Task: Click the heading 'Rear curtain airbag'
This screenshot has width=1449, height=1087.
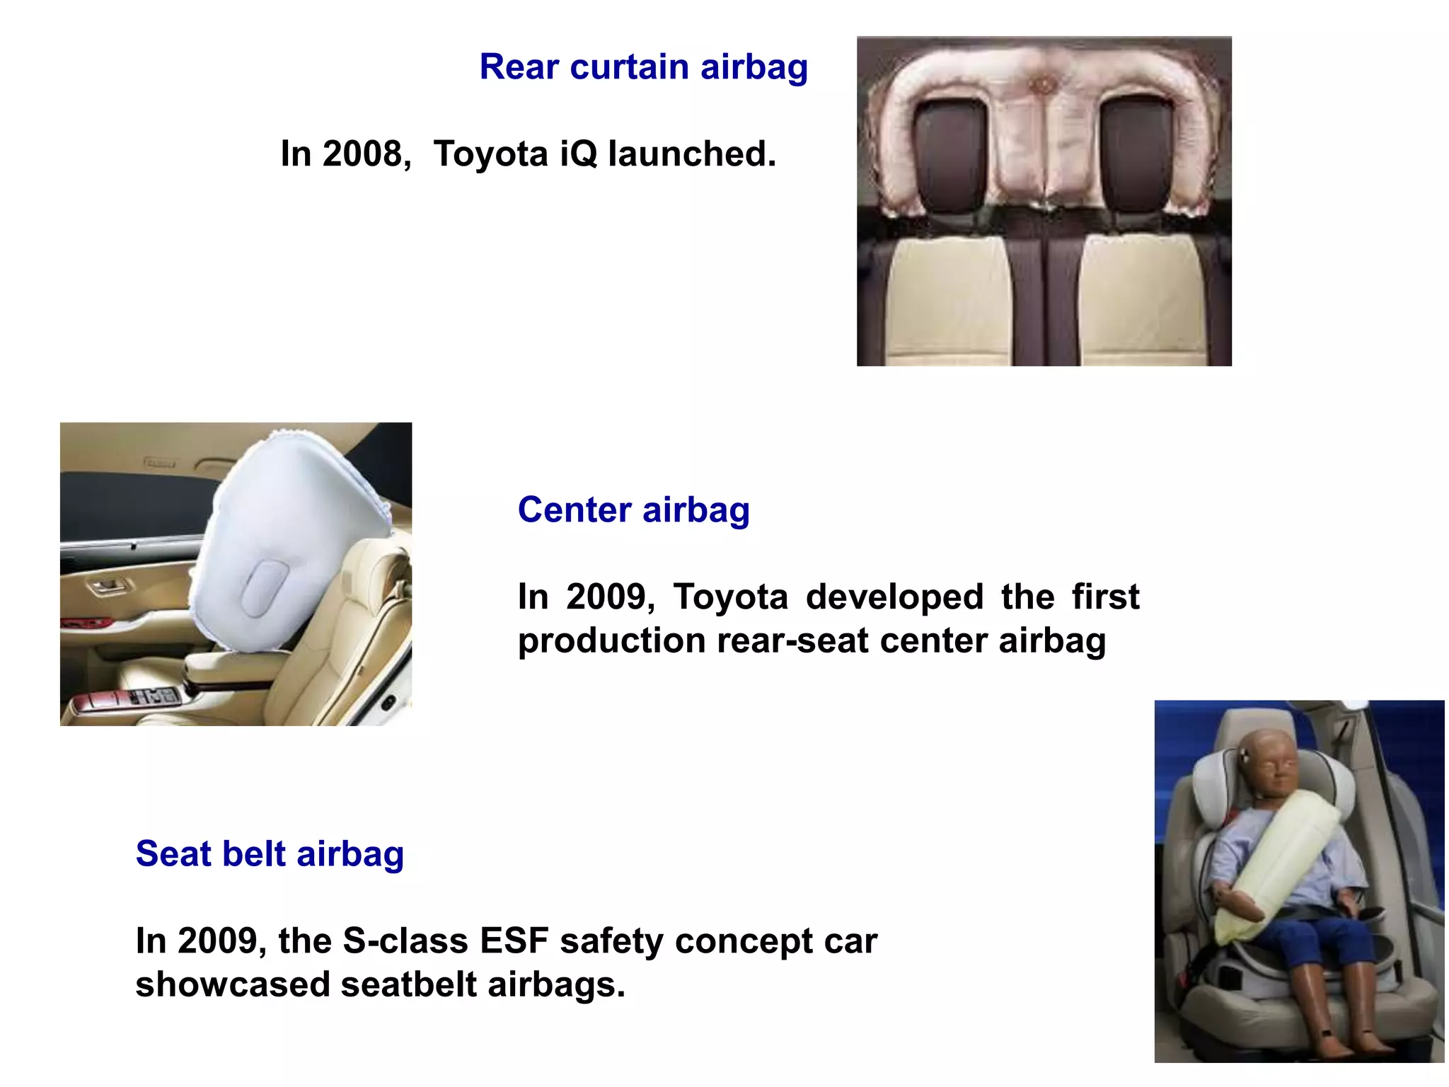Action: (x=643, y=67)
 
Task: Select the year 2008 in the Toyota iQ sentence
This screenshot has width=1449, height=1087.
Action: (x=362, y=154)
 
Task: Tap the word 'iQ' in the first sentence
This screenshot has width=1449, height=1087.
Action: (x=577, y=154)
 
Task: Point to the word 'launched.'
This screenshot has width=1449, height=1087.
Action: (x=692, y=154)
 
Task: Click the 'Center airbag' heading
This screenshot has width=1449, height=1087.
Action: (x=633, y=510)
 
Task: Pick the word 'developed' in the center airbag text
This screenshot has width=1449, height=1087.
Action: (x=894, y=597)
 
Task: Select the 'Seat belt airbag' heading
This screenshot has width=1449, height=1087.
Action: (x=270, y=853)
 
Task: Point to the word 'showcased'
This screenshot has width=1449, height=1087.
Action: (x=232, y=985)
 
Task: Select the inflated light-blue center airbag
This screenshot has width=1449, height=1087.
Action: (x=283, y=538)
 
